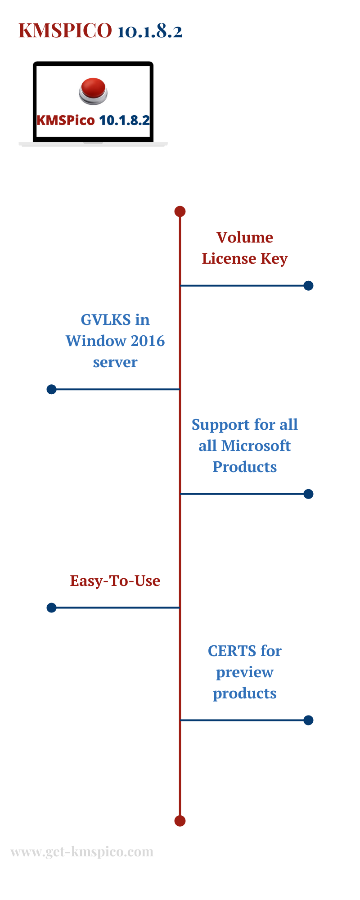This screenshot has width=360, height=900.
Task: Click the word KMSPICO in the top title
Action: [65, 31]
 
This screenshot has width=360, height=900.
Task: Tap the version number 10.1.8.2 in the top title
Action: [150, 31]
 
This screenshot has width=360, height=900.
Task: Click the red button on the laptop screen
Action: [93, 90]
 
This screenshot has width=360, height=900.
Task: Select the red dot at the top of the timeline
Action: [180, 211]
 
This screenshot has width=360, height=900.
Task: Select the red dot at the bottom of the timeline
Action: [180, 821]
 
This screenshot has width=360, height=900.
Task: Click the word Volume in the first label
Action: [245, 237]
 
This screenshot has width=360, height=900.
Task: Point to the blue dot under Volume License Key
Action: [308, 286]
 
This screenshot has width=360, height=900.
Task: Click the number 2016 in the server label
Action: [148, 341]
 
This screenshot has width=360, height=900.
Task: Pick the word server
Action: [115, 362]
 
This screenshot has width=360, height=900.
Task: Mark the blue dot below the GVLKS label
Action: [52, 389]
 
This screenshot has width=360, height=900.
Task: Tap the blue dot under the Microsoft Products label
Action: [308, 494]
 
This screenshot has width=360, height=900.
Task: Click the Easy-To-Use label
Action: [115, 581]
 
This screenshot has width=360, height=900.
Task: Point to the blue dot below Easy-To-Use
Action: [52, 608]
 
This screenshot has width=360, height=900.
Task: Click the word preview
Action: [245, 673]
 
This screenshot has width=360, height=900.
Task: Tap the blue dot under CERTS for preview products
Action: [308, 720]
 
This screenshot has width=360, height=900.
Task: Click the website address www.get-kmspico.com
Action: [82, 852]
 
